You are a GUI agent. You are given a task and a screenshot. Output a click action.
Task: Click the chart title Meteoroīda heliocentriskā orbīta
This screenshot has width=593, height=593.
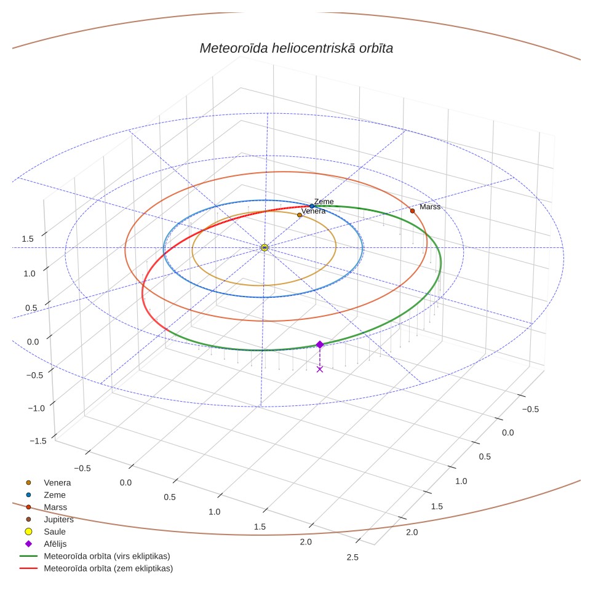(x=296, y=49)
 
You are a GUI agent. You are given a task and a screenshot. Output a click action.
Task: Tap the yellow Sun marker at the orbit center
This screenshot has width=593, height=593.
(x=265, y=248)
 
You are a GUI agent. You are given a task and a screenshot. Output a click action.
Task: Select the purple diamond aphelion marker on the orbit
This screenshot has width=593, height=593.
(x=320, y=344)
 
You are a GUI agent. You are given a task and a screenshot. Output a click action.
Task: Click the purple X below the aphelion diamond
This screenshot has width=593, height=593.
(x=320, y=370)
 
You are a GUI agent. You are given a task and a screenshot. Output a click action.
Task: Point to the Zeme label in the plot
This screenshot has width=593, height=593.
(x=324, y=202)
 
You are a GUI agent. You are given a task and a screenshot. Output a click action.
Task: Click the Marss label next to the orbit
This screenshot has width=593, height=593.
(x=430, y=207)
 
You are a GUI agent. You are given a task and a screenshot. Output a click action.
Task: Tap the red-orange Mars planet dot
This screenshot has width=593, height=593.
(x=412, y=211)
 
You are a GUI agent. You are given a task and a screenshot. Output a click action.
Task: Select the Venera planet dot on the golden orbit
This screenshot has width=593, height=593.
(x=300, y=215)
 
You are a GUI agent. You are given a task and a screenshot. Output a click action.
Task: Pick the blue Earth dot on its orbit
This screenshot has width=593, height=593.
(x=312, y=206)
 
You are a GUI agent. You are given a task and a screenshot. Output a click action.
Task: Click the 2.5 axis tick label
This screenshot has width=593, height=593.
(x=352, y=557)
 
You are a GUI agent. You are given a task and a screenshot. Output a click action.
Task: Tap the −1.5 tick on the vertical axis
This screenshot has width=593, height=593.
(x=38, y=441)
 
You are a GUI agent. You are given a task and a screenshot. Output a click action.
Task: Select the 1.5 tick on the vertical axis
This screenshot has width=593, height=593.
(x=28, y=239)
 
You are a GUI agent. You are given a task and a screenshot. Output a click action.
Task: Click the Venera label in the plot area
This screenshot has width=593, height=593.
(x=314, y=211)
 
